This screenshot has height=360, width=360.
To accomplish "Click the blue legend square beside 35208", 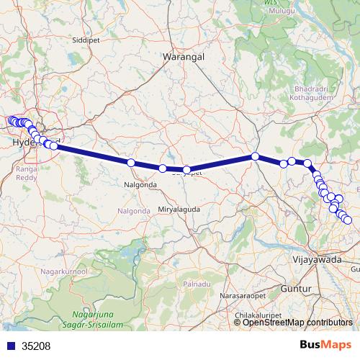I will point(10,346).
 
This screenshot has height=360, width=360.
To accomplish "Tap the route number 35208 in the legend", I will point(36,346).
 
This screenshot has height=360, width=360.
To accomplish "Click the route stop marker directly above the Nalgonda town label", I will point(131,163).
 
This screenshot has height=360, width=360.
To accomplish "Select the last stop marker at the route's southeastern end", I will point(348,220).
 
